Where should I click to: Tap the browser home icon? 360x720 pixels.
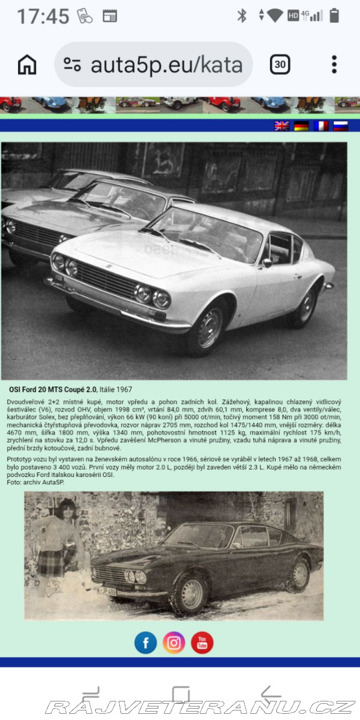tap(27, 65)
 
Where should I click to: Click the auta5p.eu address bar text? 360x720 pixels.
tap(166, 65)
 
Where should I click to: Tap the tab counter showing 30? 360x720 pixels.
tap(280, 65)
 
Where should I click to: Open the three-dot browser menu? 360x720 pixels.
tap(334, 65)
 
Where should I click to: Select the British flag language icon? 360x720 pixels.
tap(282, 126)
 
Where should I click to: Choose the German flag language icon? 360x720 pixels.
tap(301, 126)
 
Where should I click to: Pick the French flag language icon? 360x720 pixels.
tap(321, 126)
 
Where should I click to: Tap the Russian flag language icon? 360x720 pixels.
tap(340, 126)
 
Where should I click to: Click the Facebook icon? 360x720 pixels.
tap(146, 642)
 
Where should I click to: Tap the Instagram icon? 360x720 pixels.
tap(174, 642)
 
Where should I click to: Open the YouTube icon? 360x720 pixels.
tap(202, 642)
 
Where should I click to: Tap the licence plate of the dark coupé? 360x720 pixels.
tap(107, 592)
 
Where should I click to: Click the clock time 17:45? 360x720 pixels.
tap(43, 16)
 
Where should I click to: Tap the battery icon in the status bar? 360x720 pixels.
tap(334, 15)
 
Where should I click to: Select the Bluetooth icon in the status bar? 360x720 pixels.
tap(242, 15)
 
